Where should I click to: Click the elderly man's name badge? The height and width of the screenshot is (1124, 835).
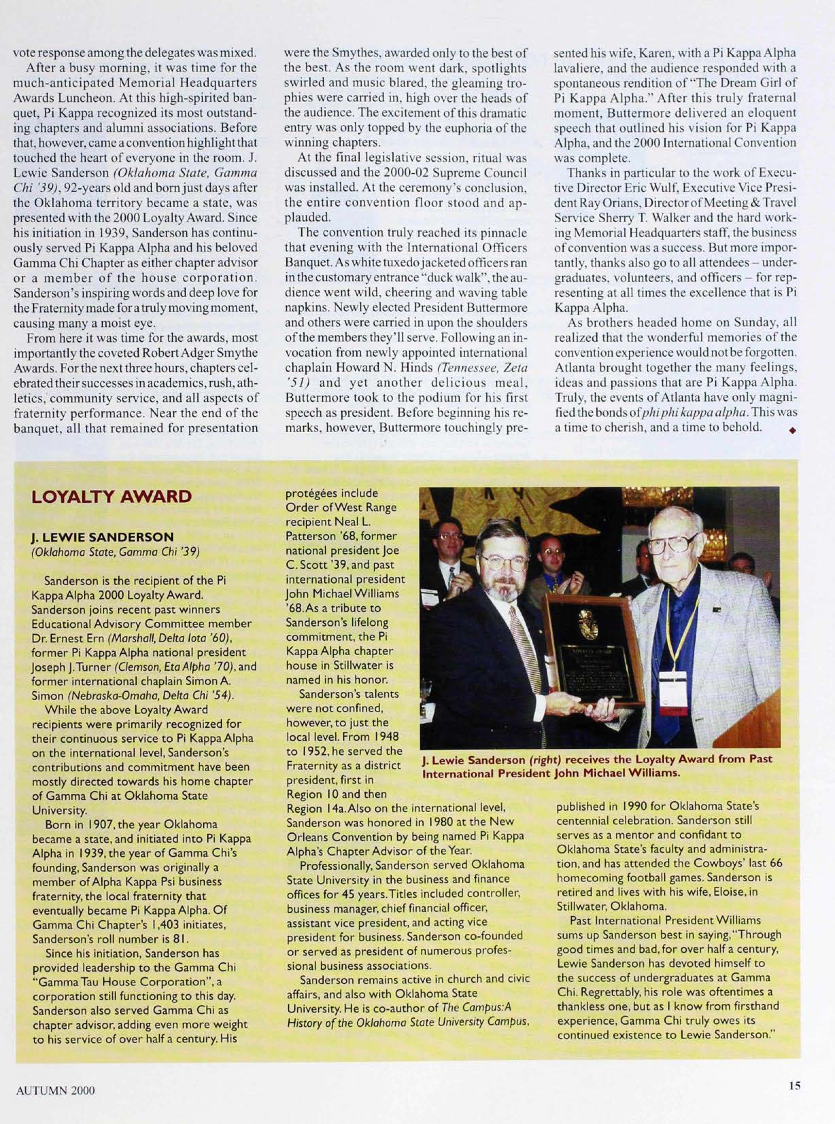672,685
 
